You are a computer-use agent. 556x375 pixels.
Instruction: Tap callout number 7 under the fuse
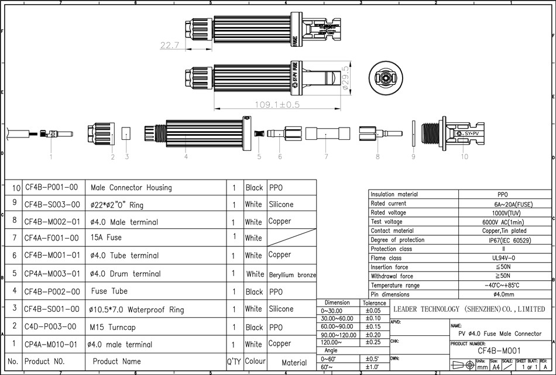click(325, 157)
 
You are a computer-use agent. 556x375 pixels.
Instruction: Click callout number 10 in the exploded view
click(465, 157)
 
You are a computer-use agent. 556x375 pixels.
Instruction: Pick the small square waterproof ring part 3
click(126, 133)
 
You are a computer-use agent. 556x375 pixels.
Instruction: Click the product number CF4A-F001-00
click(51, 238)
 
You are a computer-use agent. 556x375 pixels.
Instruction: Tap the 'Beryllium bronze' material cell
click(293, 274)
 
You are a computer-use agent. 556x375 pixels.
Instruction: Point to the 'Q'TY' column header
click(234, 362)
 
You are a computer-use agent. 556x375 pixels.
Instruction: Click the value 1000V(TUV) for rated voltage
click(502, 213)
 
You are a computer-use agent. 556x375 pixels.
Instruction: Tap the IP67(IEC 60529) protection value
click(502, 240)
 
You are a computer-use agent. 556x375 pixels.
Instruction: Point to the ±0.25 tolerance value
click(373, 342)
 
